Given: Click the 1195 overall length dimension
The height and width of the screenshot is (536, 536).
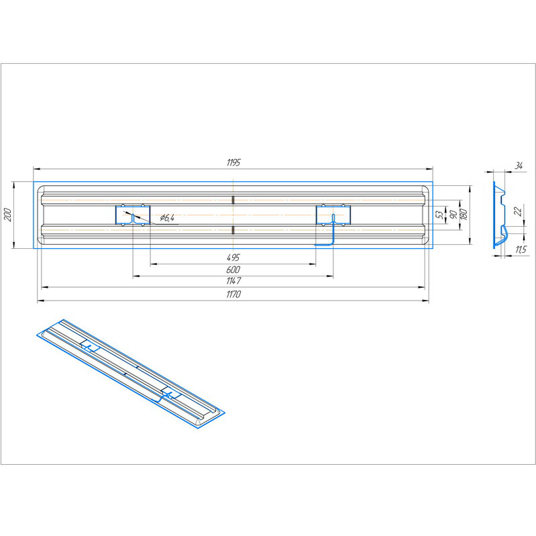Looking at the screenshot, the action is (233, 162).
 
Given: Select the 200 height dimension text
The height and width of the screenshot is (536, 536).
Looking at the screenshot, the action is (9, 215).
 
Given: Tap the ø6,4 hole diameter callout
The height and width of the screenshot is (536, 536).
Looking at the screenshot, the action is (167, 218).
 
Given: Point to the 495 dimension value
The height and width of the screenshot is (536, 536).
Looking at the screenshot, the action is (233, 258).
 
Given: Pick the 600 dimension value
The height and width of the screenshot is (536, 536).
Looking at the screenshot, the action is (233, 270).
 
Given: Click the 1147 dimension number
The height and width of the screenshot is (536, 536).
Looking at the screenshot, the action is (233, 281).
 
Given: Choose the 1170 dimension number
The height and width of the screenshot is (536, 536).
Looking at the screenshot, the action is (233, 294).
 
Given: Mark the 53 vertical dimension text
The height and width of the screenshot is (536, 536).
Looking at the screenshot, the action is (441, 215).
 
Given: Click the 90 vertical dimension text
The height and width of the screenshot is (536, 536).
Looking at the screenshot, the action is (453, 215).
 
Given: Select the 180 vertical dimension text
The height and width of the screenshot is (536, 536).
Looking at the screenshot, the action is (464, 214).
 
